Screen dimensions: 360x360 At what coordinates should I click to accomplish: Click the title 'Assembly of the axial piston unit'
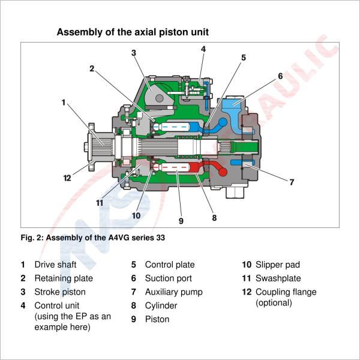(133, 32)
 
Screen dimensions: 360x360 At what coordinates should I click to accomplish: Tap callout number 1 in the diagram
(64, 103)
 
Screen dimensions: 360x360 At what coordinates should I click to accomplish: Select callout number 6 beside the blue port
(280, 76)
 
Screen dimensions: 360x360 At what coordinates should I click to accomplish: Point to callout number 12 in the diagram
(68, 178)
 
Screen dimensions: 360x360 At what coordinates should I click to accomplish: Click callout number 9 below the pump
(181, 221)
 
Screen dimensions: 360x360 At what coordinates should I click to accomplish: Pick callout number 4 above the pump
(203, 49)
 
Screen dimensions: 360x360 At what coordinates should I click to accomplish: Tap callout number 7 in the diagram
(292, 182)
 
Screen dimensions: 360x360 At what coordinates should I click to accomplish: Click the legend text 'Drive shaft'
(55, 265)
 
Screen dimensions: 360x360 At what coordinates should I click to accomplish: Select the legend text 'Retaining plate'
(64, 278)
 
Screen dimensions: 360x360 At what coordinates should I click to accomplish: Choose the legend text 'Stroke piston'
(60, 292)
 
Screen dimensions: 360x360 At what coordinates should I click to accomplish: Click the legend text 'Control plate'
(170, 265)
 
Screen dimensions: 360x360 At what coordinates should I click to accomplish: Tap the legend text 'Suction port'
(169, 278)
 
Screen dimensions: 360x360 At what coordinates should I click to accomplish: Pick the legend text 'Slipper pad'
(278, 265)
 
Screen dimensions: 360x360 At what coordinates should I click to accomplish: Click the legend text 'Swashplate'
(278, 278)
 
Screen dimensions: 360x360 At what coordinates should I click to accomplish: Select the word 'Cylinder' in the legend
(161, 306)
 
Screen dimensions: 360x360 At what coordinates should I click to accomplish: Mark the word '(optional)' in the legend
(274, 303)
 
